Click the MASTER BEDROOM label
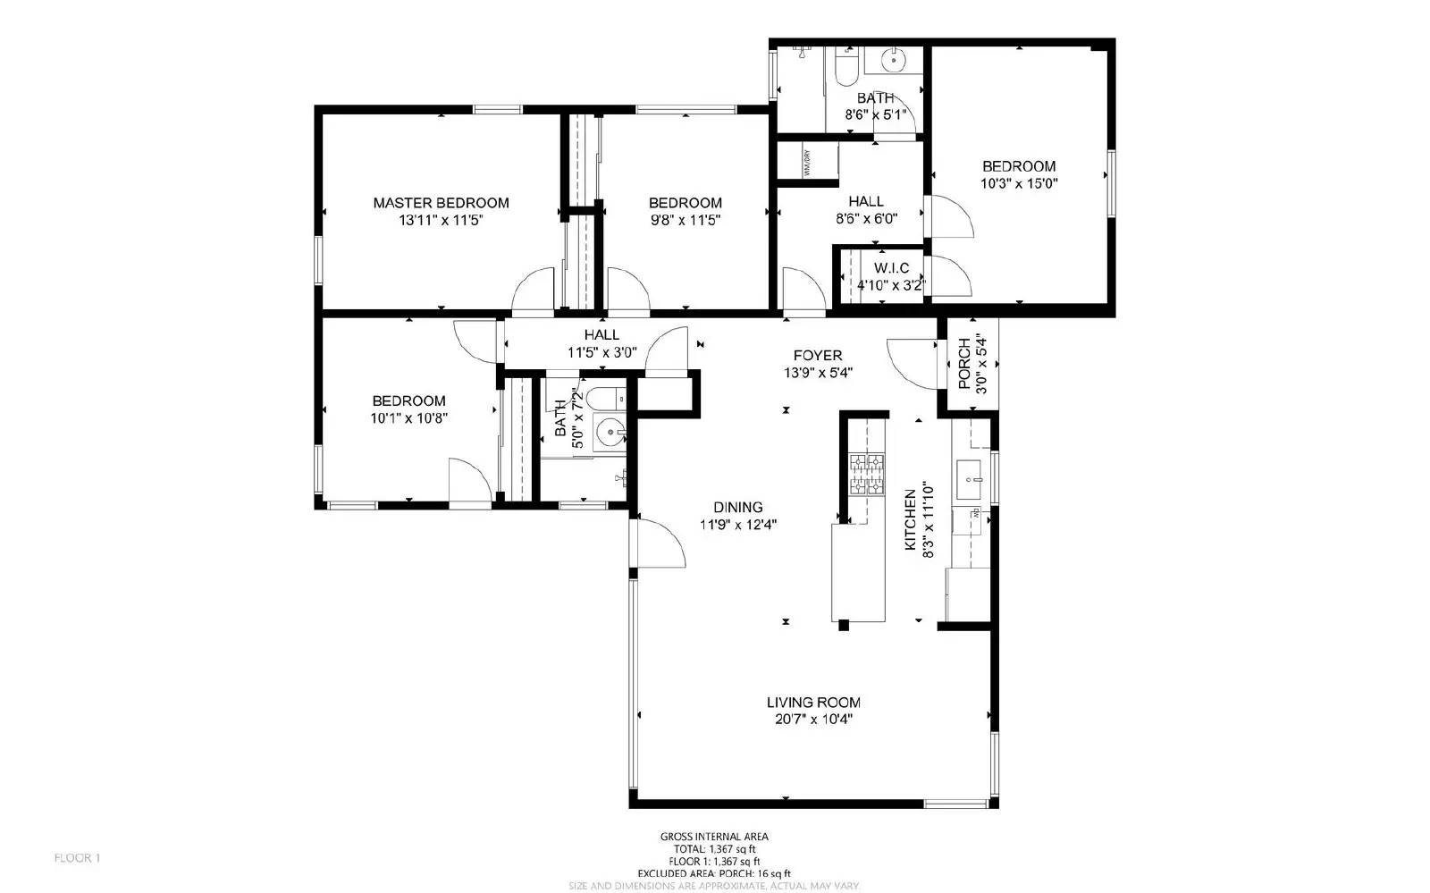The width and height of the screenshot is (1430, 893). (x=441, y=203)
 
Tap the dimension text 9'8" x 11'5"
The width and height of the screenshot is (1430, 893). (x=685, y=220)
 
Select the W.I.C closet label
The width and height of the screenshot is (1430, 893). (x=891, y=268)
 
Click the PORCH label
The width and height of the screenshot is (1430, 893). (x=964, y=363)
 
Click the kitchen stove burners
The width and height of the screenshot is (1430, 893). (x=866, y=474)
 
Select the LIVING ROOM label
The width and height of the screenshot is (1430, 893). (x=813, y=703)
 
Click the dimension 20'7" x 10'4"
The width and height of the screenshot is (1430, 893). (x=813, y=720)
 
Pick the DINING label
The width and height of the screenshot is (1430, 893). (x=738, y=507)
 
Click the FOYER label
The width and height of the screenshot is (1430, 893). (x=818, y=356)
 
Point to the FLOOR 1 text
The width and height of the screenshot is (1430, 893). (x=78, y=858)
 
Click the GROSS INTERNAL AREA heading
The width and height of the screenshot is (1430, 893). (x=714, y=837)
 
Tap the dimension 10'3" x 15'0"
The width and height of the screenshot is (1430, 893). (x=1019, y=183)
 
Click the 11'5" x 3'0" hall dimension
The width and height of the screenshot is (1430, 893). (x=601, y=352)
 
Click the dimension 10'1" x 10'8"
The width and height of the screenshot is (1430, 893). (x=408, y=417)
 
